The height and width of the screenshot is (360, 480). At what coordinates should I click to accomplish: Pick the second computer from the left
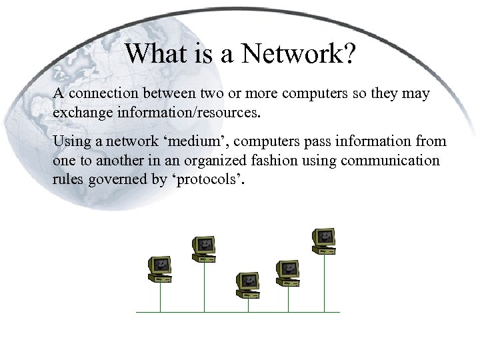204,248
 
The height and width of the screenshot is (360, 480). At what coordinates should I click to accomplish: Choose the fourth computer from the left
288,271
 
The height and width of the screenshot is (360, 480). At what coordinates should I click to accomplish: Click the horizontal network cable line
238,312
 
